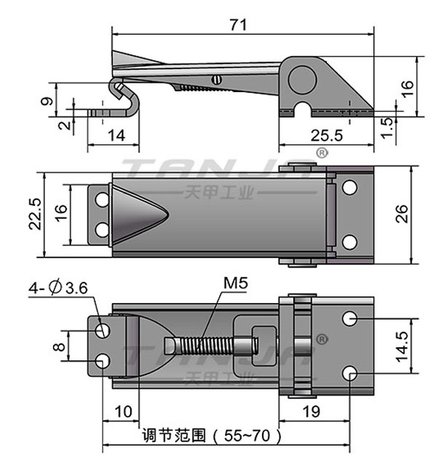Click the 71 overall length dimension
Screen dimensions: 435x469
coord(238,25)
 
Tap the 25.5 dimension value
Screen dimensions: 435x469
coord(326,136)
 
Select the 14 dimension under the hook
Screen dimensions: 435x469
coord(116,136)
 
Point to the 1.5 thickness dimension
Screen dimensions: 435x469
coord(387,128)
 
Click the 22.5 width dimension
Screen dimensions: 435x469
coord(35,214)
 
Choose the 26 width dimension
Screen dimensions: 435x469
coord(402,214)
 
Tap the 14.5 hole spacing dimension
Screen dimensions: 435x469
coord(402,346)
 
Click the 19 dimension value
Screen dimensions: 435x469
coord(312,412)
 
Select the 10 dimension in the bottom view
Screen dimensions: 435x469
coord(123,412)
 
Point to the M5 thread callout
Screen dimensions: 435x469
coord(236,283)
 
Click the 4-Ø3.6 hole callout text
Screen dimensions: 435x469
coord(58,288)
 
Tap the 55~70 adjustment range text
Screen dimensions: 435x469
coord(247,436)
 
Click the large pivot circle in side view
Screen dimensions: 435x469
coord(302,80)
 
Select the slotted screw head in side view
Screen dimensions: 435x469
coord(216,80)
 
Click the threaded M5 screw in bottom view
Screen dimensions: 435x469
coord(211,346)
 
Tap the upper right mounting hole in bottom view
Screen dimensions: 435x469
coord(349,318)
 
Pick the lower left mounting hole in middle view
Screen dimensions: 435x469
coord(102,230)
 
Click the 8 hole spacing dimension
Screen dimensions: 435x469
coord(59,346)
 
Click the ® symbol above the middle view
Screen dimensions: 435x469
coord(322,153)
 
